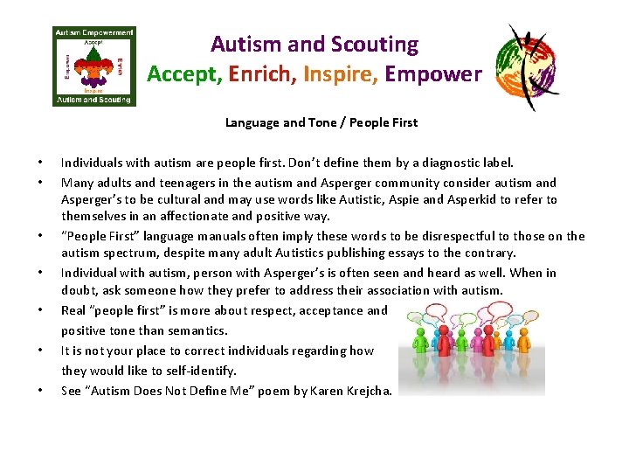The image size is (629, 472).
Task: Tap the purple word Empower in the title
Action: pyautogui.click(x=432, y=74)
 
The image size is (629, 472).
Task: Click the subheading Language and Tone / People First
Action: pyautogui.click(x=321, y=122)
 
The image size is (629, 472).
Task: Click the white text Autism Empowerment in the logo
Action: pyautogui.click(x=93, y=32)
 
